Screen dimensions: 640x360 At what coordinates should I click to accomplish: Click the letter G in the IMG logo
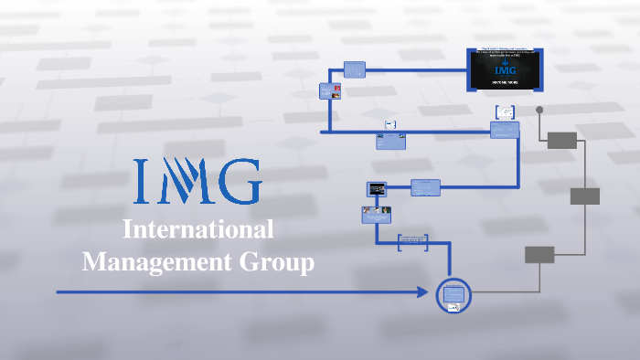click(240, 182)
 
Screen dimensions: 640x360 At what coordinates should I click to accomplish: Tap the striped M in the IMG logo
click(186, 182)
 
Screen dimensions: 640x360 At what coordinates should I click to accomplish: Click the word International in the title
click(197, 230)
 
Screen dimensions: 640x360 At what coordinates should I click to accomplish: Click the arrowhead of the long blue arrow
click(422, 292)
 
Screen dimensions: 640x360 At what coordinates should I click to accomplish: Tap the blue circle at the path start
click(453, 295)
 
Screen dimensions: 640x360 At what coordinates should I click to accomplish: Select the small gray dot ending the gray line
click(539, 110)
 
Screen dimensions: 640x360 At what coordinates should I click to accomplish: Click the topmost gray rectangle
click(562, 140)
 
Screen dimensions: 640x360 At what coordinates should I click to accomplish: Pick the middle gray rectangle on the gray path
click(585, 196)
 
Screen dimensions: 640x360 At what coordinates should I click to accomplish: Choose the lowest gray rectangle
click(539, 255)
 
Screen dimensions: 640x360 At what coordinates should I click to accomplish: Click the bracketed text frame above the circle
click(413, 242)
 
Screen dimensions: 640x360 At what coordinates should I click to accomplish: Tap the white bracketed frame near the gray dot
click(505, 112)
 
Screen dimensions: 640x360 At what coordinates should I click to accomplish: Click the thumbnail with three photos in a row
click(377, 214)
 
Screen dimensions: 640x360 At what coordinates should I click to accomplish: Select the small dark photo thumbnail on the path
click(376, 188)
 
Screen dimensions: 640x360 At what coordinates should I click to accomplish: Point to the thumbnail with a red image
click(331, 91)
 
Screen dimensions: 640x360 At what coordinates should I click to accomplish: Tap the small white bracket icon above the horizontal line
click(390, 123)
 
